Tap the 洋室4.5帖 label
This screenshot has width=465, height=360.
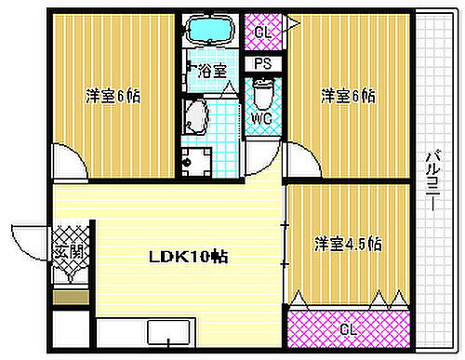[x=348, y=245]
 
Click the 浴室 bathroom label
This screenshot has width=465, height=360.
[x=212, y=71]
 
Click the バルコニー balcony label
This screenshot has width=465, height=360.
[x=432, y=181]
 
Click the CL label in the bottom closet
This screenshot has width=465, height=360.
[x=346, y=328]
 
